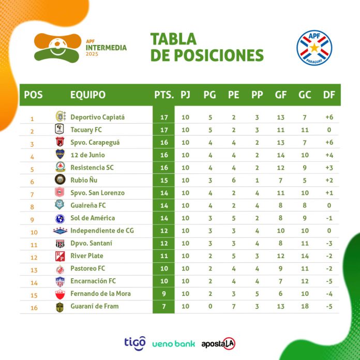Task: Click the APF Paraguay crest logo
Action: click(314, 47)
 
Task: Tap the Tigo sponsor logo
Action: click(134, 342)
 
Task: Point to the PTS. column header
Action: click(163, 95)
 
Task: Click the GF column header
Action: click(281, 95)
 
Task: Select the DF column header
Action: click(328, 95)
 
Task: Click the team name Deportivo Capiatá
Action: click(97, 117)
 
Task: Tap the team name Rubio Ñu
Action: click(83, 180)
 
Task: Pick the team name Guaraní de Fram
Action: click(94, 306)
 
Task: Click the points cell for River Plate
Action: click(163, 256)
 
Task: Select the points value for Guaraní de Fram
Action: click(163, 306)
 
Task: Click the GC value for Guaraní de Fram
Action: click(305, 306)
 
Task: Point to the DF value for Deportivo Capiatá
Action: click(328, 117)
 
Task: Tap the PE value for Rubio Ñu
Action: click(234, 180)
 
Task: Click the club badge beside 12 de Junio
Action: click(60, 155)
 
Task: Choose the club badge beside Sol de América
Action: click(60, 218)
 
